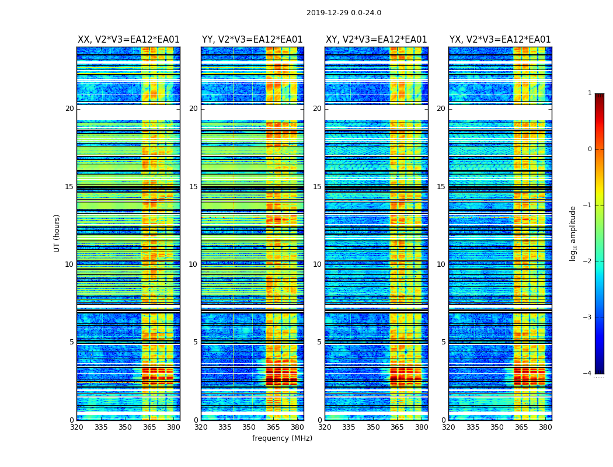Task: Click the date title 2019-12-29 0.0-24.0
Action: coord(343,13)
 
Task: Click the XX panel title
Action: coord(128,40)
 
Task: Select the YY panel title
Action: coord(252,40)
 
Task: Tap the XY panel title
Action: coord(376,40)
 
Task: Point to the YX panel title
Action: coord(500,40)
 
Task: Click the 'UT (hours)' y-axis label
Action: coord(57,233)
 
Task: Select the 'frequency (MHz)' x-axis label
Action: coord(282,438)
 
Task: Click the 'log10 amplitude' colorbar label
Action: coord(573,233)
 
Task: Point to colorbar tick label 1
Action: coord(589,93)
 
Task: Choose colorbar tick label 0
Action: coord(589,149)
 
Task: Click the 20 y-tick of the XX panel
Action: coord(69,109)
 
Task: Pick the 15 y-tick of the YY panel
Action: coord(193,187)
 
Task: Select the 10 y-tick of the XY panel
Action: coord(317,264)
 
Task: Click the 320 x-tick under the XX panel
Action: coord(76,427)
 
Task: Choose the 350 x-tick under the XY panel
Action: coord(373,427)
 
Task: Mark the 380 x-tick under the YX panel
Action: coord(545,427)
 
